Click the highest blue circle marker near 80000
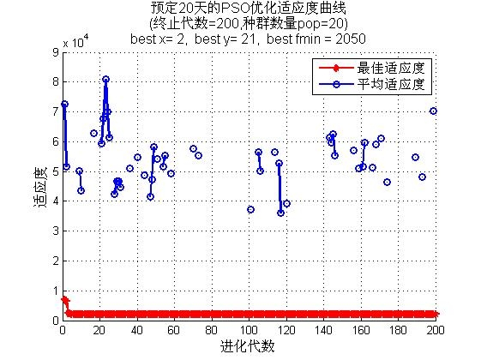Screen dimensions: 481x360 click(105, 80)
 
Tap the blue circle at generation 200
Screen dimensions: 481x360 click(433, 111)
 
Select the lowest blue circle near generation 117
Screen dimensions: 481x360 click(280, 213)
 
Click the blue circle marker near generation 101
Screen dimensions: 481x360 click(250, 209)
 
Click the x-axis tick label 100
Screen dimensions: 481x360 click(249, 330)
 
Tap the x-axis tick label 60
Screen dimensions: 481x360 click(174, 330)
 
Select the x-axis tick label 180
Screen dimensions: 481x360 click(398, 330)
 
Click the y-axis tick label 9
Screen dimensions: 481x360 click(56, 52)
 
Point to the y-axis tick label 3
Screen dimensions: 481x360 click(56, 231)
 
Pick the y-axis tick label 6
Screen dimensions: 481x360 click(56, 141)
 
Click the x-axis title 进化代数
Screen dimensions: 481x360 click(247, 346)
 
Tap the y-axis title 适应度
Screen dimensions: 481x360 click(40, 187)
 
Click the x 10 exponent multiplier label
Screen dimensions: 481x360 click(75, 42)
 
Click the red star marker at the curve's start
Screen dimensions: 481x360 click(63, 299)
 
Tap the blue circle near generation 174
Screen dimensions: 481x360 click(387, 183)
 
